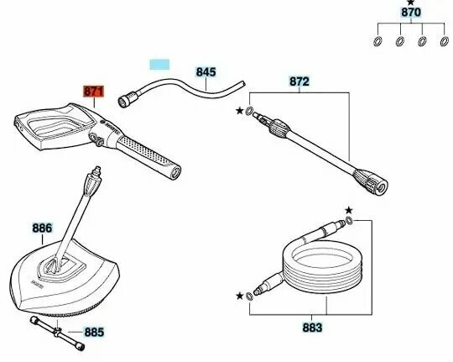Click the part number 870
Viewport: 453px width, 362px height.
pyautogui.click(x=411, y=13)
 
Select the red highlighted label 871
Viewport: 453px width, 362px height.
pyautogui.click(x=93, y=92)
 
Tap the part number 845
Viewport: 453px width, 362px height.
pyautogui.click(x=206, y=72)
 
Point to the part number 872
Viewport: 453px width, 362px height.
pyautogui.click(x=299, y=81)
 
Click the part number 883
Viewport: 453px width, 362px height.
pyautogui.click(x=312, y=328)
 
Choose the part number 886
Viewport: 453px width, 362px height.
pyautogui.click(x=42, y=228)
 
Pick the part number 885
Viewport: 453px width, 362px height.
pyautogui.click(x=94, y=333)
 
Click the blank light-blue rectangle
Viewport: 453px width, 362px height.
pyautogui.click(x=159, y=65)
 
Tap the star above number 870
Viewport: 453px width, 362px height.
pyautogui.click(x=410, y=3)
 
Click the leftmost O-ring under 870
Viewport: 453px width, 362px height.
pyautogui.click(x=377, y=42)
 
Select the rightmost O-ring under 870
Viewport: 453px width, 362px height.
pyautogui.click(x=445, y=42)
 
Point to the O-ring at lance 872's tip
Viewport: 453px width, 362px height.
pyautogui.click(x=250, y=111)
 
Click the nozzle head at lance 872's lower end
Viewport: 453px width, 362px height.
pyautogui.click(x=372, y=181)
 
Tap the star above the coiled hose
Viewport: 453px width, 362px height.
pyautogui.click(x=349, y=210)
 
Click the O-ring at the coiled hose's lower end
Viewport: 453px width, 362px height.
pyautogui.click(x=249, y=296)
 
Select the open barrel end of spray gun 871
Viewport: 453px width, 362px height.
pyautogui.click(x=175, y=173)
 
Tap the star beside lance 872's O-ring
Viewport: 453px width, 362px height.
pyautogui.click(x=239, y=111)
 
